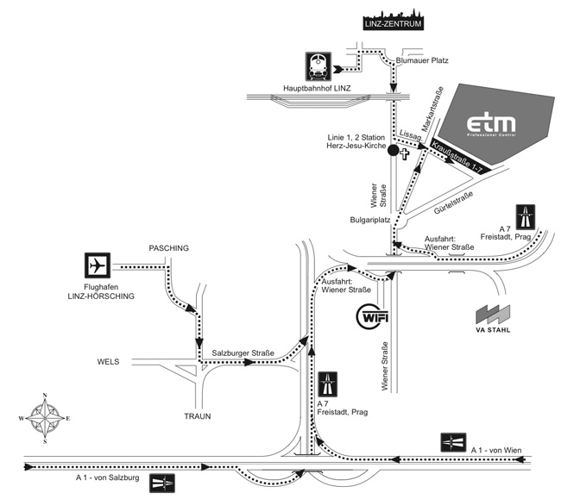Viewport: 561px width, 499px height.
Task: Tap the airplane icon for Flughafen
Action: tap(99, 265)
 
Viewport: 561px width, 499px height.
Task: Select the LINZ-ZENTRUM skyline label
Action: tap(394, 20)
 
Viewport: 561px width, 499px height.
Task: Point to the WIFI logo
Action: tap(374, 315)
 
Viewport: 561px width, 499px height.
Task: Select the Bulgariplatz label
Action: tap(370, 220)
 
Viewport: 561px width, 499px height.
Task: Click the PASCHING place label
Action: tap(168, 248)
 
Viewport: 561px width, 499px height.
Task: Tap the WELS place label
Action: tap(109, 361)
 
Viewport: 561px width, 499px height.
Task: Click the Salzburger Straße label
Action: tap(243, 353)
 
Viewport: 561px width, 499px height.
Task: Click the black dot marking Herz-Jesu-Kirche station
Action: tap(393, 151)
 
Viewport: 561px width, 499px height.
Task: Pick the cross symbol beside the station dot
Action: tap(406, 151)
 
